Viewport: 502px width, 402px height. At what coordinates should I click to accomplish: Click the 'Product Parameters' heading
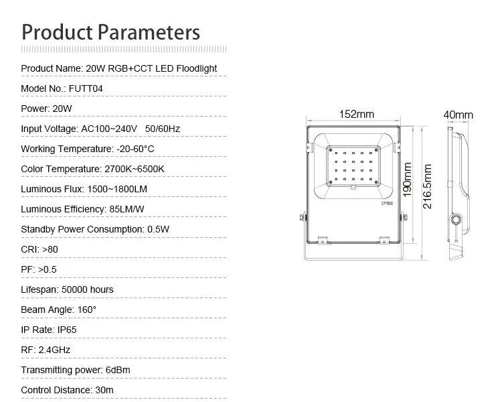[110, 33]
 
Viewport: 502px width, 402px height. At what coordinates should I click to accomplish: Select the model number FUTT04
[86, 89]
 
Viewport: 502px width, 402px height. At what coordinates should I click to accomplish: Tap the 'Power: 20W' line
[46, 109]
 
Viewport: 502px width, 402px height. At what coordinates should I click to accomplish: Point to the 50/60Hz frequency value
[163, 129]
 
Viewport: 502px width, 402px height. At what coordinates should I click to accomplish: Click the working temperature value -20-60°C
[135, 149]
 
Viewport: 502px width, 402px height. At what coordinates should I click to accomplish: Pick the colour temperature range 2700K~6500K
[135, 169]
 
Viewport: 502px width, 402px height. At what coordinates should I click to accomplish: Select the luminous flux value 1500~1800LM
[117, 189]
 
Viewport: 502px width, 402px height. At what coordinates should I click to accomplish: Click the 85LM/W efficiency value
[127, 209]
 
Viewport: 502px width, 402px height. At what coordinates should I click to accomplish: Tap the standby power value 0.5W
[158, 230]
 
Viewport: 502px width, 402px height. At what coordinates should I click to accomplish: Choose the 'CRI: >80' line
[39, 249]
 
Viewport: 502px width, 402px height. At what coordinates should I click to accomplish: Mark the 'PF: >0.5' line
[39, 269]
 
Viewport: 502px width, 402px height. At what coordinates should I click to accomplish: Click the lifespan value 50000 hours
[88, 290]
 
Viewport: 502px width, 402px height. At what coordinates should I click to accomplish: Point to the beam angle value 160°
[87, 310]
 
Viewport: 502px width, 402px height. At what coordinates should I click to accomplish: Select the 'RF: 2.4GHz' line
[46, 350]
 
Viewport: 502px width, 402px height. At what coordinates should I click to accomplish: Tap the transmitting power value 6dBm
[118, 370]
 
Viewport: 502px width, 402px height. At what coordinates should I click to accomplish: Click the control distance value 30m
[104, 390]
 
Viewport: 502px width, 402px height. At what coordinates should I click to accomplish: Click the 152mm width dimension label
[356, 114]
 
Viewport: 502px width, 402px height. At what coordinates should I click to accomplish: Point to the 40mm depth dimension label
[458, 115]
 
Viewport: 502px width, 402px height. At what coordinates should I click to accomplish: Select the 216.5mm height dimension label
[428, 186]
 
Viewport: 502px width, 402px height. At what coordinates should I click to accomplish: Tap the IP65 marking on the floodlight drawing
[387, 203]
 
